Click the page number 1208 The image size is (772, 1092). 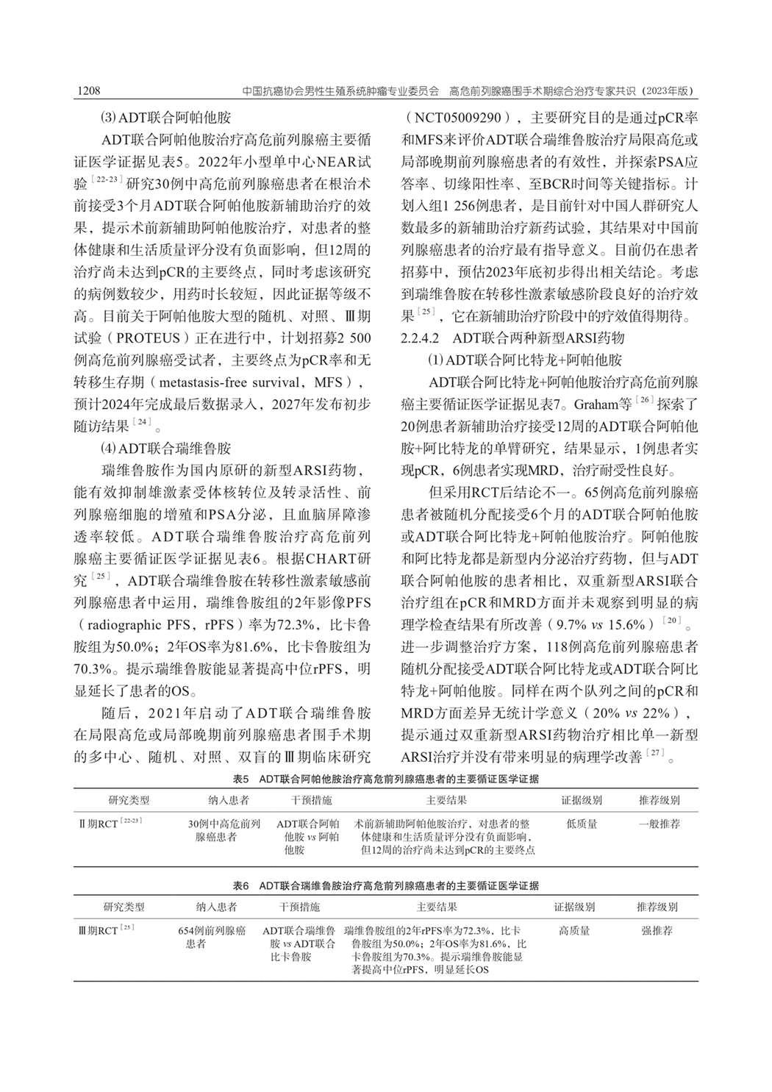[88, 91]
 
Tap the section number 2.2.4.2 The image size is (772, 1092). [421, 339]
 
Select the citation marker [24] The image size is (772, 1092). [142, 424]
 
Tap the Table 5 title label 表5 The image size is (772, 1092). [242, 778]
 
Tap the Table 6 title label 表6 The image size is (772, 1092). [242, 887]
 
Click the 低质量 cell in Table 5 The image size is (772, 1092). [582, 824]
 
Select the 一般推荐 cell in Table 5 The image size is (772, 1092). [660, 824]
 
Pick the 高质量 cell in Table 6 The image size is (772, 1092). [574, 930]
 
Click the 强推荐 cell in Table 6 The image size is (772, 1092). [657, 930]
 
